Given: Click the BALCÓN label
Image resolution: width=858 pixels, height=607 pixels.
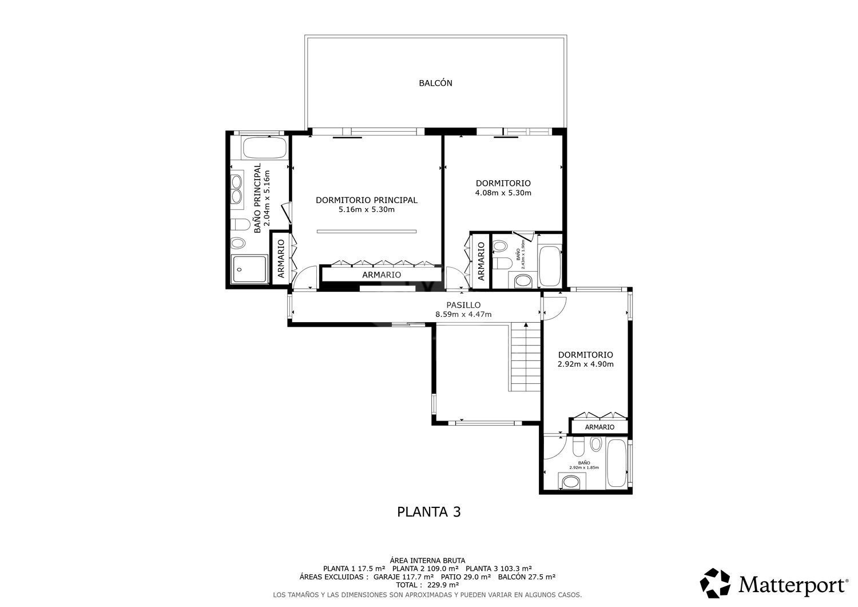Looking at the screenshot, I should [435, 83].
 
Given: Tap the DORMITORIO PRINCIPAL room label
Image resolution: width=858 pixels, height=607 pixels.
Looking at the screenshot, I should [366, 200].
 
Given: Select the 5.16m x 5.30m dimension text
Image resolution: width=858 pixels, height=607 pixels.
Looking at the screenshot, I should [366, 209].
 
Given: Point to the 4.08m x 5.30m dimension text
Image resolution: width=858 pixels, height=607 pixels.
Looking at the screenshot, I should [503, 193].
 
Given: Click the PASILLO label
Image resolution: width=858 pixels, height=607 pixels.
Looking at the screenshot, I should [463, 305].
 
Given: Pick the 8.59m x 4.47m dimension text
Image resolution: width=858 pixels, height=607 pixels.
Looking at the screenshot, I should [463, 314].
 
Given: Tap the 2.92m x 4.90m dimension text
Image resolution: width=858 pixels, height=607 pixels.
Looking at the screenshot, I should [585, 364].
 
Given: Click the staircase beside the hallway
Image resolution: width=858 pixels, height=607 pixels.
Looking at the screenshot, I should [526, 358].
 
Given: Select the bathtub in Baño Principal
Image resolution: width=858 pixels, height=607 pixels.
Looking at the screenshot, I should [264, 149].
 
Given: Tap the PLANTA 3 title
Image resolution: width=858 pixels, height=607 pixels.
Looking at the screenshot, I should [428, 511].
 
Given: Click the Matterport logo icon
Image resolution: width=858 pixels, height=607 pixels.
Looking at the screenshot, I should [715, 583].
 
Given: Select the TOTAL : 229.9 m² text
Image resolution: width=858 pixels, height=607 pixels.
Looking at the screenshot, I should [428, 585].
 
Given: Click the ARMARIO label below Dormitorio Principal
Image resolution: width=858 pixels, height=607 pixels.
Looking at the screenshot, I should [381, 275].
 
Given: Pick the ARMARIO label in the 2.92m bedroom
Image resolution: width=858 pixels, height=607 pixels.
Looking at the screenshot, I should [599, 427].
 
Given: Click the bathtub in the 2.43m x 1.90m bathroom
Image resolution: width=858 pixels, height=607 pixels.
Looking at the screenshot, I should [550, 266].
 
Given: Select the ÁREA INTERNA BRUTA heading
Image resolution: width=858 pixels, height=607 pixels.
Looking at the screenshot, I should [427, 560].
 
